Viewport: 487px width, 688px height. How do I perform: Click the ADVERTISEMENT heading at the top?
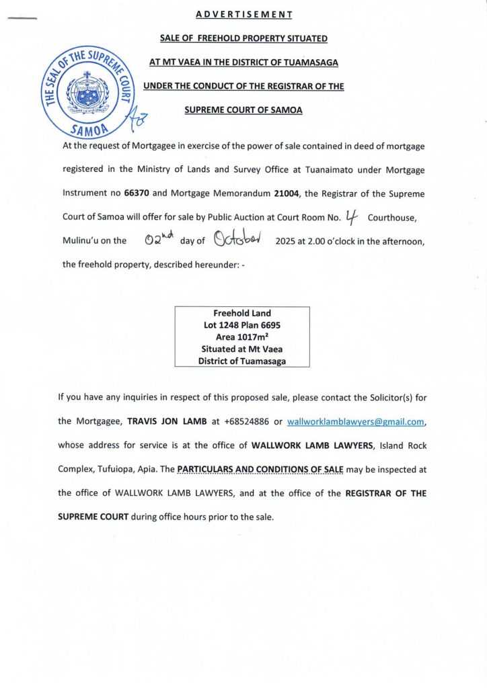coord(244,13)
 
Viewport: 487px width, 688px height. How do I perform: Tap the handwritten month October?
coord(235,239)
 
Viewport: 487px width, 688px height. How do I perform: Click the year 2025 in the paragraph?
coord(287,241)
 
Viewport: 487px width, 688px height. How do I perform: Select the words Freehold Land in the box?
coord(242,313)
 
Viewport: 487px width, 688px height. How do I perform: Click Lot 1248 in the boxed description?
coord(223,325)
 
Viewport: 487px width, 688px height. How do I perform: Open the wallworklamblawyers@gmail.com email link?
coord(357,422)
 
